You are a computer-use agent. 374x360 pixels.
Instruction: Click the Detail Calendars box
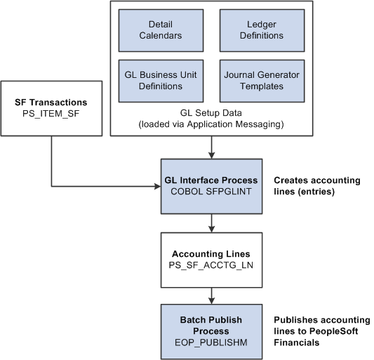[161, 29]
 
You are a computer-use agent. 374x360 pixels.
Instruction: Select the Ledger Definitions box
[261, 29]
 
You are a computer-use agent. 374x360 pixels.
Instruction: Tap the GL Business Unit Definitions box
[161, 81]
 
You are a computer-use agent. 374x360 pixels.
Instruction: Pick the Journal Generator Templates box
[261, 81]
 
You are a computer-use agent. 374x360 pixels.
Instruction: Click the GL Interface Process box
[211, 186]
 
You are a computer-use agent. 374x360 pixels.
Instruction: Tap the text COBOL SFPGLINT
[211, 192]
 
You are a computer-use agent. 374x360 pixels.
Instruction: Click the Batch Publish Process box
[211, 326]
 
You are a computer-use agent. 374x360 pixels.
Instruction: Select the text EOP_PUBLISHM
[211, 342]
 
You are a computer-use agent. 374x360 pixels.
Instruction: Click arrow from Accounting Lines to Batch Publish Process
[211, 295]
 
